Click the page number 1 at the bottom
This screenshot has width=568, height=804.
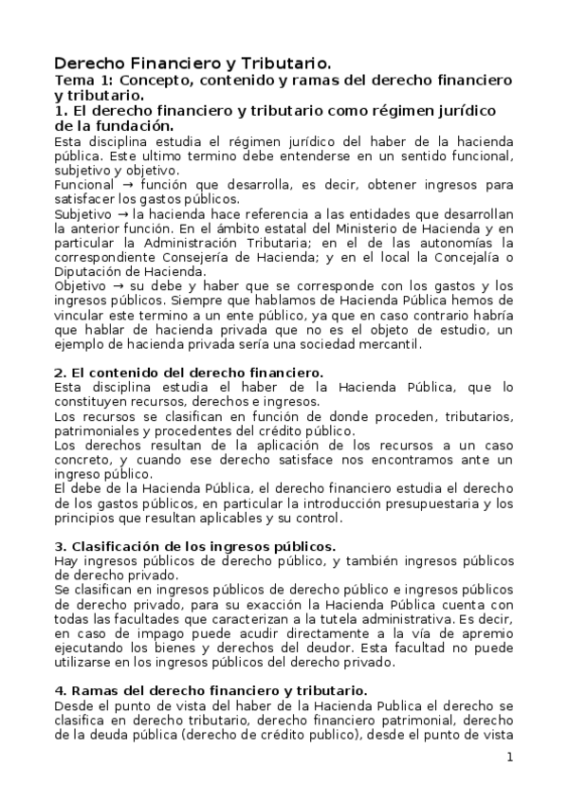coord(509,757)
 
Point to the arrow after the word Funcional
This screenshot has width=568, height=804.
coord(119,184)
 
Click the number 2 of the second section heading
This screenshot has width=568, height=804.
coord(59,373)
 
